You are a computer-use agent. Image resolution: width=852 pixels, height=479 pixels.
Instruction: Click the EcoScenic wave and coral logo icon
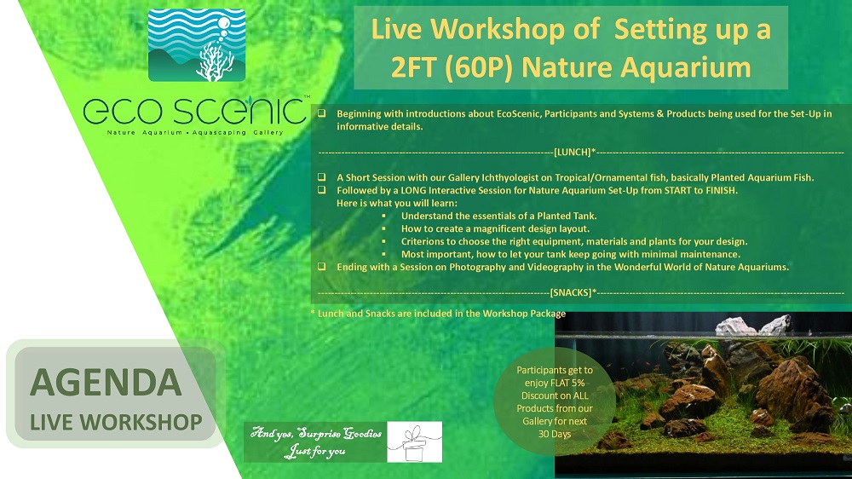pos(197,45)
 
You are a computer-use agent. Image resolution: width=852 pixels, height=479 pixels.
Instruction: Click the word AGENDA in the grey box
pos(106,382)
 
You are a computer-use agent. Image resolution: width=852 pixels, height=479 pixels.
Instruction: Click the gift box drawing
pos(415,442)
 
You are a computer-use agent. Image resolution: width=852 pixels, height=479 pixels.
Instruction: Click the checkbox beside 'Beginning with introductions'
pos(322,113)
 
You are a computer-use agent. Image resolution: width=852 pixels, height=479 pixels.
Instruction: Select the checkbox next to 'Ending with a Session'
pos(322,267)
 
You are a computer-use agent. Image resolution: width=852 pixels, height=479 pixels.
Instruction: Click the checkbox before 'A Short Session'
pos(322,176)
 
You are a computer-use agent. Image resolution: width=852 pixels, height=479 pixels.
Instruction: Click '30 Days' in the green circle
pos(555,434)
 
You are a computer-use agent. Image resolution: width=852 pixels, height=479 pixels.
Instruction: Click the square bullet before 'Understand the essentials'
pos(383,216)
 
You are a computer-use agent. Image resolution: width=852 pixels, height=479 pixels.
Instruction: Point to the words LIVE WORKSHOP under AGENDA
pos(116,423)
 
